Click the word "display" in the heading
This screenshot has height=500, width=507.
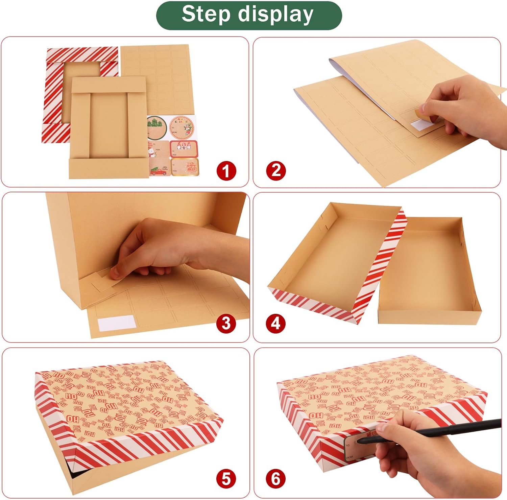(275, 15)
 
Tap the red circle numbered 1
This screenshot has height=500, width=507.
(226, 171)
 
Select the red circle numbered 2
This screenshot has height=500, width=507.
(276, 170)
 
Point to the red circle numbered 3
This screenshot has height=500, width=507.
(226, 324)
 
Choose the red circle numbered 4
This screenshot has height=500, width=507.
(276, 324)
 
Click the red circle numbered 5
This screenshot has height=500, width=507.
(226, 479)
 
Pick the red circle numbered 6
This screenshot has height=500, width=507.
(276, 479)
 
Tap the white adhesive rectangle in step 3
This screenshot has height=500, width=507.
(116, 322)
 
